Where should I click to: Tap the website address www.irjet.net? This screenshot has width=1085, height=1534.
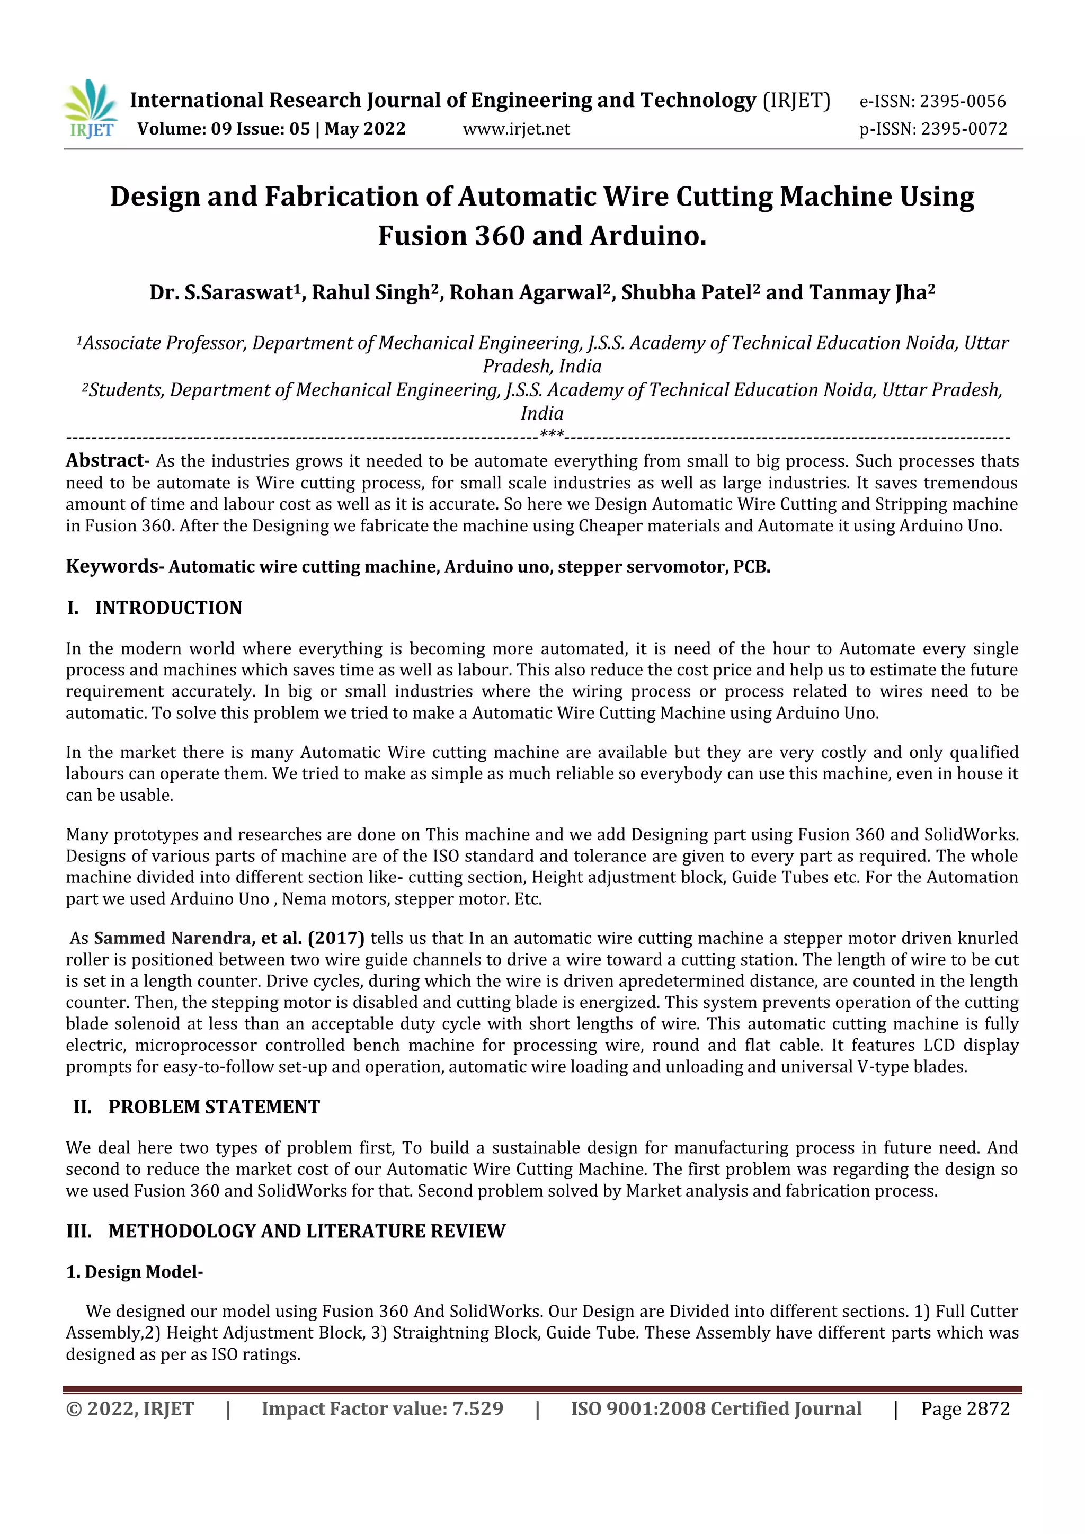pos(516,129)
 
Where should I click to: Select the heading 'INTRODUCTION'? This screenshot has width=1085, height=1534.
pos(168,608)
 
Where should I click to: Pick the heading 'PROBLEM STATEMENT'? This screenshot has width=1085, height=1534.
pos(214,1107)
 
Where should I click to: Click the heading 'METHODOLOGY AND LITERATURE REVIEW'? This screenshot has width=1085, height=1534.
pos(307,1232)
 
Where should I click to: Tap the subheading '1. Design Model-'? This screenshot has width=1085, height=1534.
pos(134,1272)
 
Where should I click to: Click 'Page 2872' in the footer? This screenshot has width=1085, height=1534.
pos(965,1408)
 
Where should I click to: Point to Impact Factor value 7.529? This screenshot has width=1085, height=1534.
pos(382,1408)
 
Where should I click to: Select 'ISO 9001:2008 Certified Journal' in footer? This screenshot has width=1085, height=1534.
pos(716,1408)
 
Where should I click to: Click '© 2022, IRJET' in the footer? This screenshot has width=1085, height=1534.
pos(130,1408)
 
